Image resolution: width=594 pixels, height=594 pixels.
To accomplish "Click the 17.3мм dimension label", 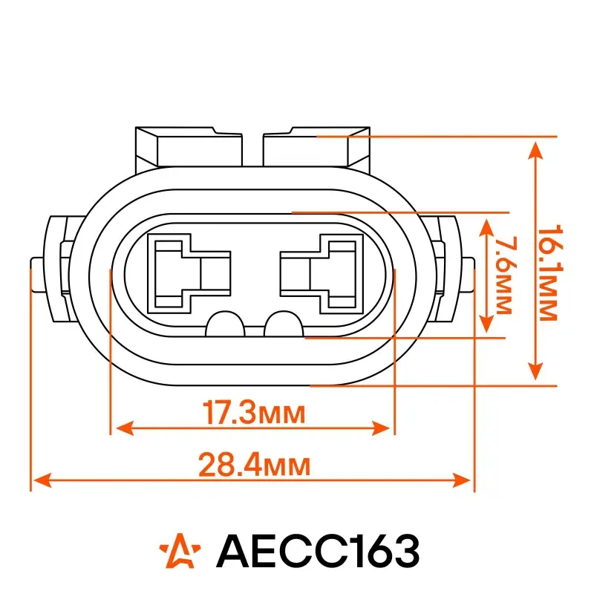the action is [x=254, y=413].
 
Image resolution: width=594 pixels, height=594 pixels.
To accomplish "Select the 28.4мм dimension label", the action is [x=254, y=465].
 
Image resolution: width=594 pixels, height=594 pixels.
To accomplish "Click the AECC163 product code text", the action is [x=318, y=550].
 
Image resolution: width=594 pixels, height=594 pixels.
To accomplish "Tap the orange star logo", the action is [x=180, y=550].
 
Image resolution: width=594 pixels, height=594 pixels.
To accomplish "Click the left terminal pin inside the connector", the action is [x=189, y=273].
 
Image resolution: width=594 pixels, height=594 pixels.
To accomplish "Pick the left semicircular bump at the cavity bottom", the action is [x=226, y=324].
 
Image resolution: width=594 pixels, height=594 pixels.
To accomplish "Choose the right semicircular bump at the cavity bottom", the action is [x=284, y=324].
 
